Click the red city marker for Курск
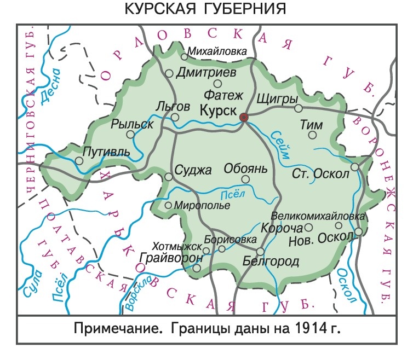[x=244, y=117]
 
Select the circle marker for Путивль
[x=79, y=161]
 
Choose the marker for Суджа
[x=169, y=176]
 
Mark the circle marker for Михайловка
[x=185, y=56]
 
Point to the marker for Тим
[x=313, y=135]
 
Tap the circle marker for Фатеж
[x=217, y=84]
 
